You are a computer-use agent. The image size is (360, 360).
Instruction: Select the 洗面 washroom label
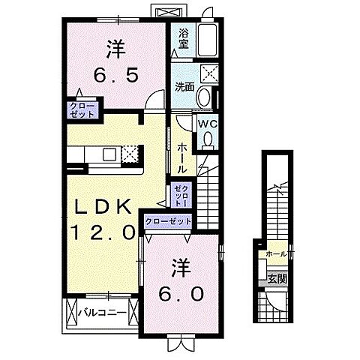point(184,86)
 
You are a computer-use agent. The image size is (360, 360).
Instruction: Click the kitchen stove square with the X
point(130,154)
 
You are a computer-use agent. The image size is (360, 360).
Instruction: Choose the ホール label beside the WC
point(182,158)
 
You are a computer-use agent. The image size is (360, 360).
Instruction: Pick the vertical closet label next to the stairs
point(179,195)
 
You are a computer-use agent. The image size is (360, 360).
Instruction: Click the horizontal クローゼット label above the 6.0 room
point(167,222)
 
